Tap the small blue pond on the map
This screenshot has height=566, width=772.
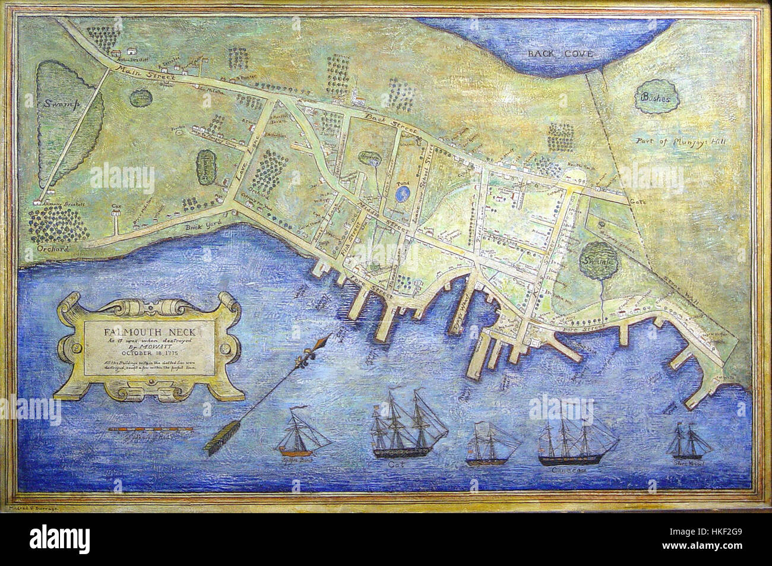coord(404,192)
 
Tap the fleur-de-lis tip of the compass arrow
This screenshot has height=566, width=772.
coord(325,343)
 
